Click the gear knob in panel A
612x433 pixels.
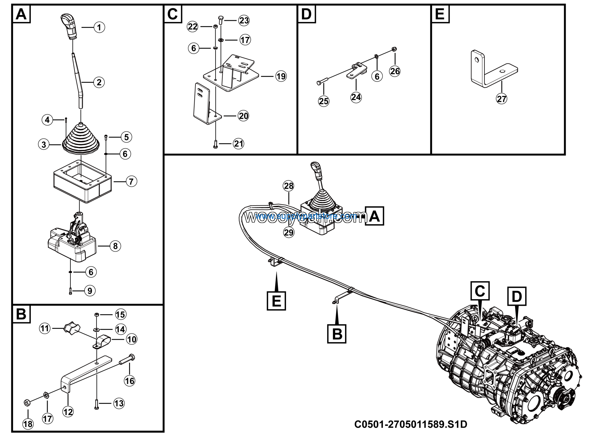[69, 26]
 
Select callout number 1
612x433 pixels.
[99, 27]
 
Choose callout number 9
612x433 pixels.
[90, 291]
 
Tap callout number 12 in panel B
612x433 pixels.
[68, 412]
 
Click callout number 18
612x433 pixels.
[28, 424]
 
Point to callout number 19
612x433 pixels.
[281, 76]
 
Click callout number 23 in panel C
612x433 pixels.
[244, 20]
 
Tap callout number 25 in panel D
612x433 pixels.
[324, 101]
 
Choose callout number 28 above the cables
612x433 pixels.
[288, 186]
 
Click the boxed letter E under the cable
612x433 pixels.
[276, 301]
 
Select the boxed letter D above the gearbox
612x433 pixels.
[517, 296]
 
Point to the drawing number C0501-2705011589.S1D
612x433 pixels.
[410, 424]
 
